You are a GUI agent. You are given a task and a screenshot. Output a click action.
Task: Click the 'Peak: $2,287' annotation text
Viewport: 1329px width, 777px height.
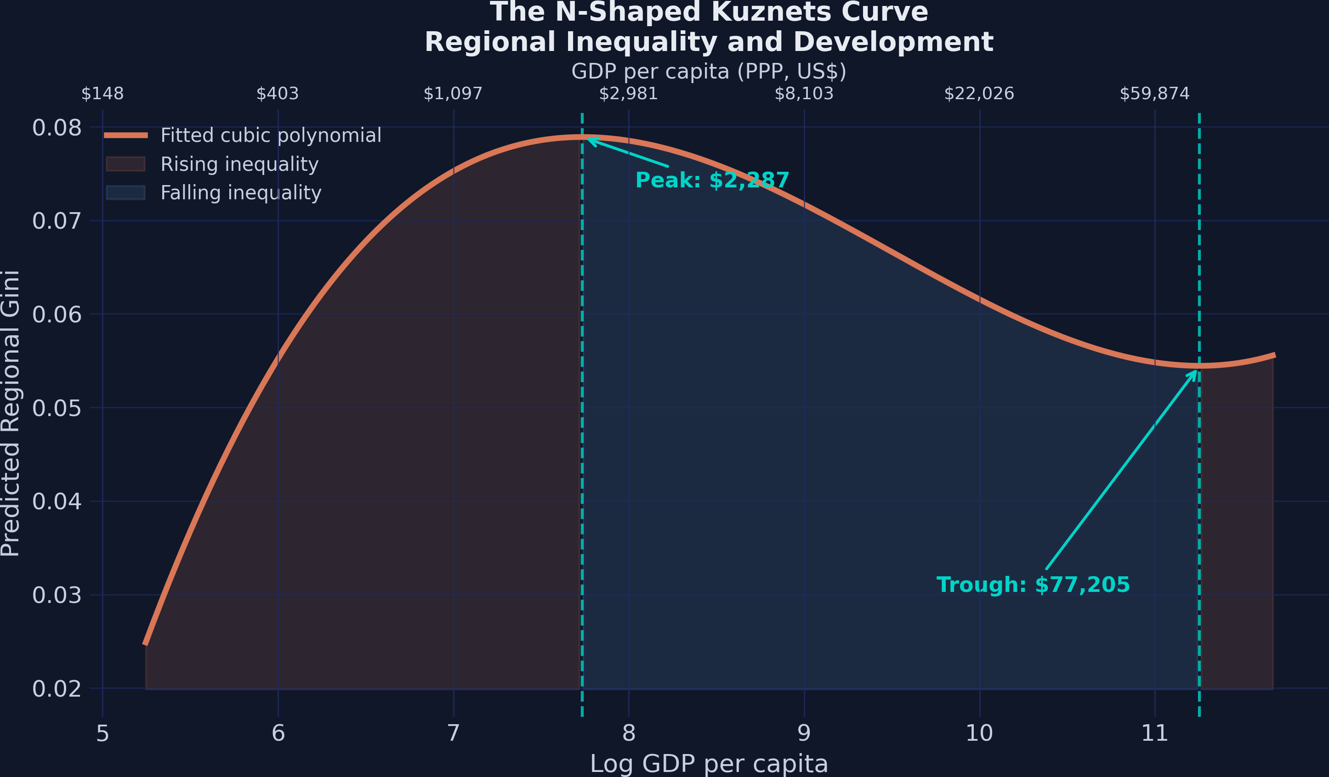point(712,180)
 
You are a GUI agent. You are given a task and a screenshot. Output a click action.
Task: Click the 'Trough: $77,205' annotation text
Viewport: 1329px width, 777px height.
point(1033,585)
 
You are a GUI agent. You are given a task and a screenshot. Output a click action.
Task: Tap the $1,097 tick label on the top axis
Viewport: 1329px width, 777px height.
point(453,94)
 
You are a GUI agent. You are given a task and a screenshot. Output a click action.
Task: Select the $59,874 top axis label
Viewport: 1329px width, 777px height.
point(1154,94)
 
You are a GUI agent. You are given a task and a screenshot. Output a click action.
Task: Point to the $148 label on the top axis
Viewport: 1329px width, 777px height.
point(102,94)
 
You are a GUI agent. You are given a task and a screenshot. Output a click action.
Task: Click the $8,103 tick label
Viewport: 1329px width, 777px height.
point(804,94)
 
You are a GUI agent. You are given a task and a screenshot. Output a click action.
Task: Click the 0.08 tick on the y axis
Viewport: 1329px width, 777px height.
point(57,128)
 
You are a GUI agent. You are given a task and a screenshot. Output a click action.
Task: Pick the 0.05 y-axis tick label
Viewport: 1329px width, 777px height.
point(57,409)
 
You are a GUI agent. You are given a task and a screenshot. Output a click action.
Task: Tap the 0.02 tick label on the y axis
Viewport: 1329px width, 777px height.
point(57,689)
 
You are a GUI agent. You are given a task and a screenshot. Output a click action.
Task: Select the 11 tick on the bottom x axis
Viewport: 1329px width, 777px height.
point(1154,733)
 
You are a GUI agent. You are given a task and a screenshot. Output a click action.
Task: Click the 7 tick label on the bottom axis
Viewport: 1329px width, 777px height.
point(453,733)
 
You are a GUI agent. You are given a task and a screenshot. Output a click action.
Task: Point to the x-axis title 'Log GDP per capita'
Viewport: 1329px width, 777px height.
point(709,764)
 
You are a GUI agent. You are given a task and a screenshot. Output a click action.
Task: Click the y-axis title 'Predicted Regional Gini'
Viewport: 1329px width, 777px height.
point(11,414)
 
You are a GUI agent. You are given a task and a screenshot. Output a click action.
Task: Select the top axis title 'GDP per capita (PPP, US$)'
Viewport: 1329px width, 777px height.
point(709,71)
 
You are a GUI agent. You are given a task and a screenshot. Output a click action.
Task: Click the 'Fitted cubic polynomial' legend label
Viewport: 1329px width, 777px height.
point(271,135)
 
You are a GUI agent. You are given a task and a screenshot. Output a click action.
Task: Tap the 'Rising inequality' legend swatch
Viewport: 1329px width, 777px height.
point(125,164)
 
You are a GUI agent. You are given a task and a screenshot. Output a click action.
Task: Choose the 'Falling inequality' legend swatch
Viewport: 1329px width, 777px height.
point(125,192)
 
